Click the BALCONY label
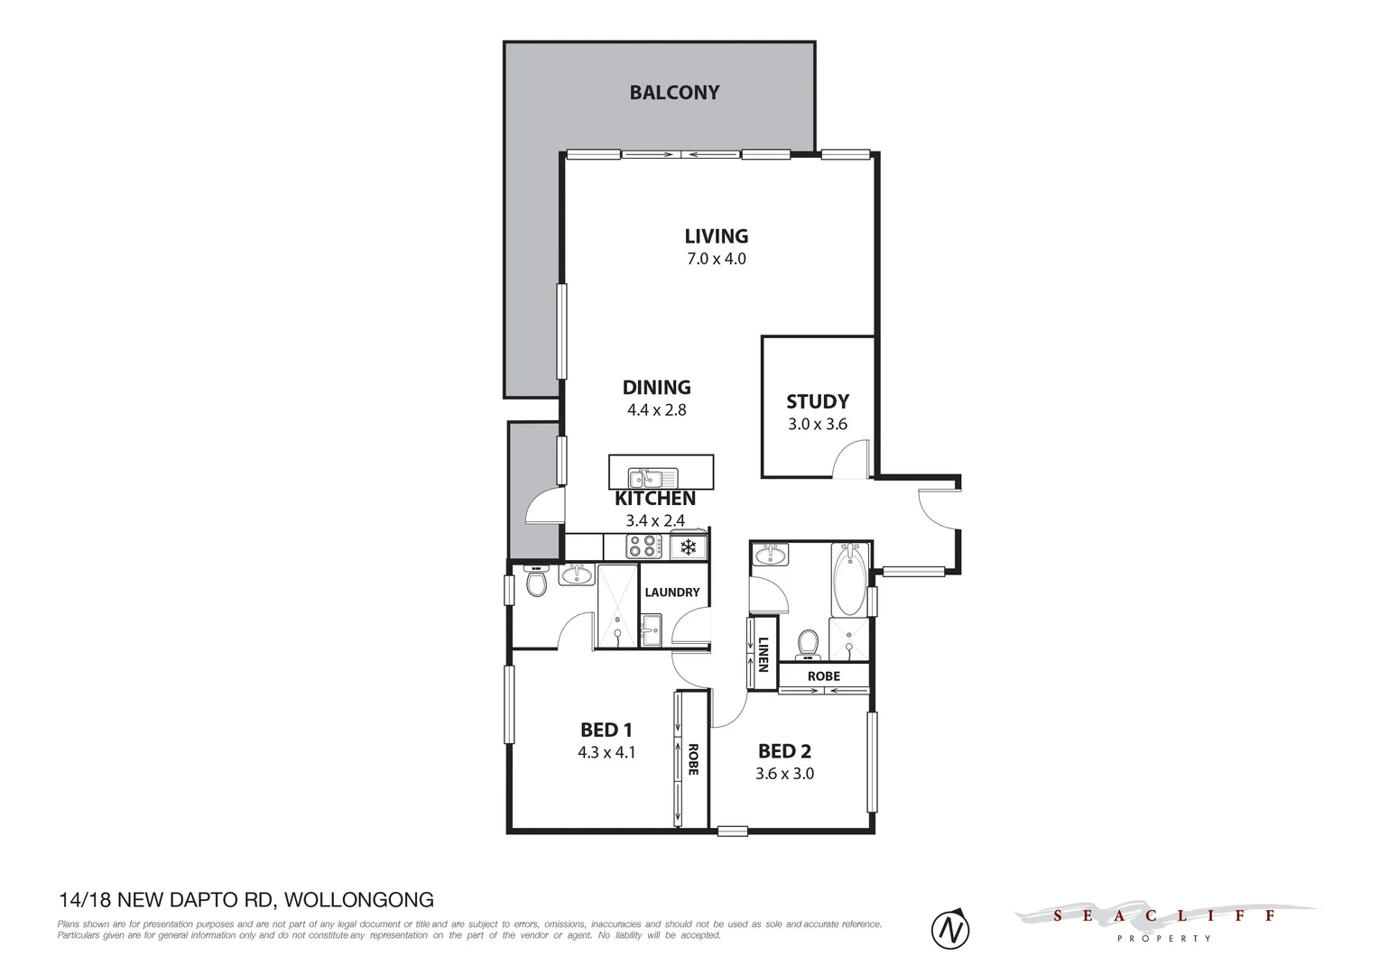pos(674,92)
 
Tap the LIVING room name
pos(717,236)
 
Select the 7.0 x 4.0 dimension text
pos(717,259)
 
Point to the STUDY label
pos(817,401)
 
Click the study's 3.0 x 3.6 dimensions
pos(817,424)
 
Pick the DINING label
pos(656,387)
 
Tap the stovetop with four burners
pos(643,547)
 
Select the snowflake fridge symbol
pos(688,547)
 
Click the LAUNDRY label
pos(671,593)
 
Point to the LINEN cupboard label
pos(764,655)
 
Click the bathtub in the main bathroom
pos(848,578)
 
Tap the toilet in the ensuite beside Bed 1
pos(536,584)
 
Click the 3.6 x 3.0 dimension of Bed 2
pos(784,773)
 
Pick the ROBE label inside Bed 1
pos(693,759)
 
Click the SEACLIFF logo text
pos(1164,916)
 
